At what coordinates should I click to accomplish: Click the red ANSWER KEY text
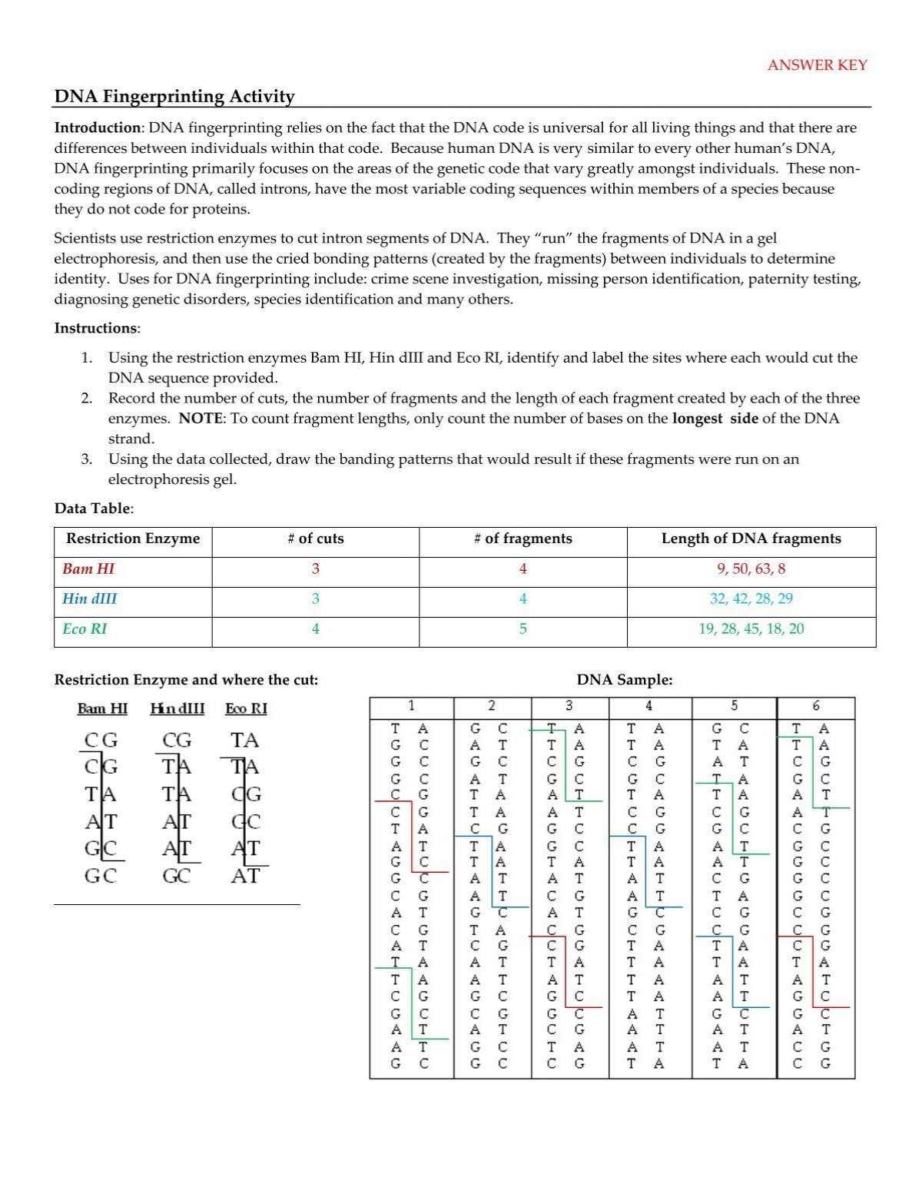817,65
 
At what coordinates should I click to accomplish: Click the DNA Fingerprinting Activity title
174,97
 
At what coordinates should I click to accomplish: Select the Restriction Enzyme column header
133,539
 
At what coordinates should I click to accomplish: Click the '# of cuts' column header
315,539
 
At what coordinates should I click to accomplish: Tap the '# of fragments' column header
522,539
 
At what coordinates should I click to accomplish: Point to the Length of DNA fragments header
751,539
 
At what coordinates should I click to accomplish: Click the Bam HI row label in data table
88,568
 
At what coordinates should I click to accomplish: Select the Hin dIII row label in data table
90,598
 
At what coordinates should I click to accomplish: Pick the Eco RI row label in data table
85,628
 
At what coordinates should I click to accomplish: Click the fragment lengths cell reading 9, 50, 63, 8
751,568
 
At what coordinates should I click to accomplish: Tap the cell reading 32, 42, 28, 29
751,598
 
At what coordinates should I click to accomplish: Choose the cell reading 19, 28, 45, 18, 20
751,628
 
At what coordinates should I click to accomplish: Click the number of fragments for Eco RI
522,628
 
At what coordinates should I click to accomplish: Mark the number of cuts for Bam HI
315,568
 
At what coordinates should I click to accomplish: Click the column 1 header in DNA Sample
411,705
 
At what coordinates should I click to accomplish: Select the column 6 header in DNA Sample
815,705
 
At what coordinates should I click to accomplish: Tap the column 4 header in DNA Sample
649,705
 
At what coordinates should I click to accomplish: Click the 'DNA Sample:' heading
624,680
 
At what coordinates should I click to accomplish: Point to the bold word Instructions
96,328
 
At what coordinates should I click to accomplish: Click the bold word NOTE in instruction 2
201,419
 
